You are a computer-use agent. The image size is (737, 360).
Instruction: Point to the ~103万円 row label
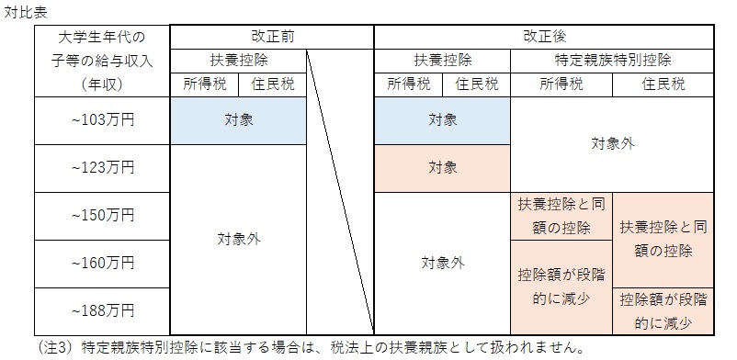(x=101, y=120)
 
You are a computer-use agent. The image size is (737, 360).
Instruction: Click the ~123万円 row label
(x=101, y=168)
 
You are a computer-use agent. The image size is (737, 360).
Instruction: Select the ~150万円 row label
(x=101, y=216)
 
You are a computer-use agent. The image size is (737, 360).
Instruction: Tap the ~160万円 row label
(x=101, y=264)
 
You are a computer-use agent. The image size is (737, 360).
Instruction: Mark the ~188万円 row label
(x=101, y=311)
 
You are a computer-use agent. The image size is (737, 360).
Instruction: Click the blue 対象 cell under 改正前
(x=238, y=120)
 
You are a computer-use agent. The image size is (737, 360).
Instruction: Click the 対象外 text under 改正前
(x=238, y=240)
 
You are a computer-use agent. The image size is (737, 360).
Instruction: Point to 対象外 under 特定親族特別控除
(x=612, y=144)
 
